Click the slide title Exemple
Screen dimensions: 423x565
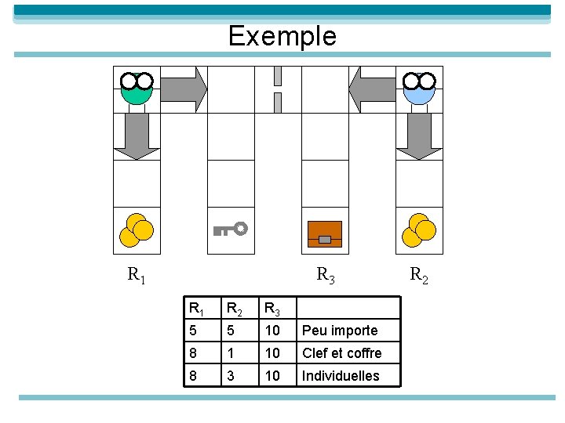coord(282,36)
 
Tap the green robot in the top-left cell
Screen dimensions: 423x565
coord(137,89)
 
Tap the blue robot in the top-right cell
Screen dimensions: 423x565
coord(419,89)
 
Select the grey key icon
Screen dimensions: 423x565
coord(231,229)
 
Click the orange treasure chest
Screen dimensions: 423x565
coord(325,233)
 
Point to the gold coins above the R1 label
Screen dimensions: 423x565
coord(136,230)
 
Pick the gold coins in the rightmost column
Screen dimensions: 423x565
coord(418,230)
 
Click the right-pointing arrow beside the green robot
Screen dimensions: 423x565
coord(185,89)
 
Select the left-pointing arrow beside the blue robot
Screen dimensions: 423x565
coord(371,89)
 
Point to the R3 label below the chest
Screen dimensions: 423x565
coord(326,275)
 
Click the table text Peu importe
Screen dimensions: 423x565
coord(340,331)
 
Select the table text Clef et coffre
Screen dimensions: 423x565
coord(342,353)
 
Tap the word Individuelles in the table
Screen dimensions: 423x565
coord(341,376)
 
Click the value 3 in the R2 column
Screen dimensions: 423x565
coord(229,376)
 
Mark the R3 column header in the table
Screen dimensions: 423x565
coord(272,309)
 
